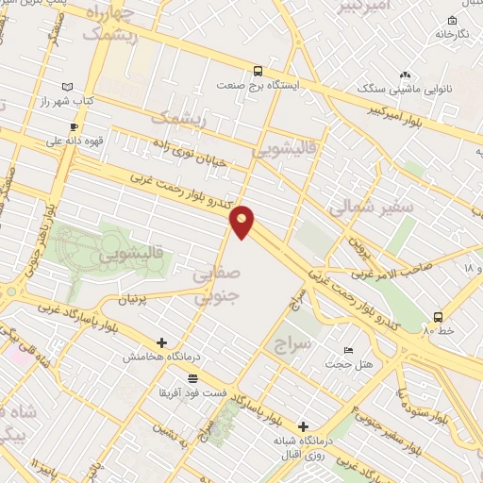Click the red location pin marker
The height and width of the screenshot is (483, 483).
(x=243, y=222)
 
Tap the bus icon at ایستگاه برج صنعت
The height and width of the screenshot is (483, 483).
(x=258, y=71)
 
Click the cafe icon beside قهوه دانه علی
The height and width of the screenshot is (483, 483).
(x=74, y=126)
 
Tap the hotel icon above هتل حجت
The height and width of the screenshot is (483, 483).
(x=349, y=350)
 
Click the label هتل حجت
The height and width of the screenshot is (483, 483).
(x=350, y=363)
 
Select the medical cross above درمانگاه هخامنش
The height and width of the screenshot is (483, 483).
(x=162, y=343)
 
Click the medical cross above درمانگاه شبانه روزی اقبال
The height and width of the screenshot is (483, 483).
(x=303, y=426)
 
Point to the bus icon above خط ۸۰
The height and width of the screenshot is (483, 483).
(x=438, y=317)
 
